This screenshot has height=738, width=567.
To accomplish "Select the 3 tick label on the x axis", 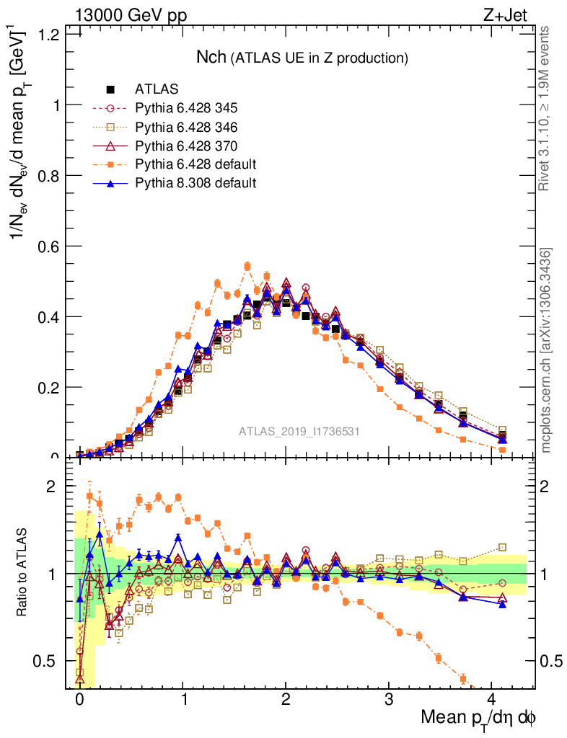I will (x=389, y=699).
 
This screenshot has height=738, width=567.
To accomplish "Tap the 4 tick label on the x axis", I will (x=492, y=699).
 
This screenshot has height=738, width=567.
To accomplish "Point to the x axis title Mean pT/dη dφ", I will (x=479, y=718).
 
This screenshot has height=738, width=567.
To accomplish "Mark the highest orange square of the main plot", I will (x=247, y=266).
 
